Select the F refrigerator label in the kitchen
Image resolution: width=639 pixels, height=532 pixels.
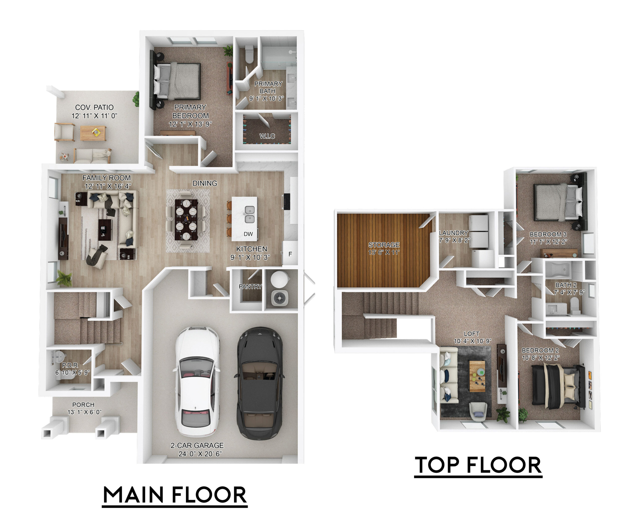[x=290, y=254]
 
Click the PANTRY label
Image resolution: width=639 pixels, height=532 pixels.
[x=250, y=286]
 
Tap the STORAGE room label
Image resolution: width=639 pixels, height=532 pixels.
[x=384, y=245]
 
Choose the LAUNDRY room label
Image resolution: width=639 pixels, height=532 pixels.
[x=453, y=233]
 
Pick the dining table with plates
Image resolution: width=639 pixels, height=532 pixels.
[x=186, y=219]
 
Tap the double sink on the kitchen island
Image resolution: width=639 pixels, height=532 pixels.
[x=250, y=214]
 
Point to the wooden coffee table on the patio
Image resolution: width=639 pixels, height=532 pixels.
[x=93, y=133]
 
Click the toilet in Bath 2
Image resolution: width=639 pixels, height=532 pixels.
[x=575, y=305]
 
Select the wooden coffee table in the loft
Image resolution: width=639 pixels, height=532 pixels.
[x=477, y=376]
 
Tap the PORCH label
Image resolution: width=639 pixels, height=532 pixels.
[x=83, y=405]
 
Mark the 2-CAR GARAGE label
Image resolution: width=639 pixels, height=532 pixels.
[x=197, y=445]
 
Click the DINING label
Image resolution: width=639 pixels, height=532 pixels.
[x=205, y=183]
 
